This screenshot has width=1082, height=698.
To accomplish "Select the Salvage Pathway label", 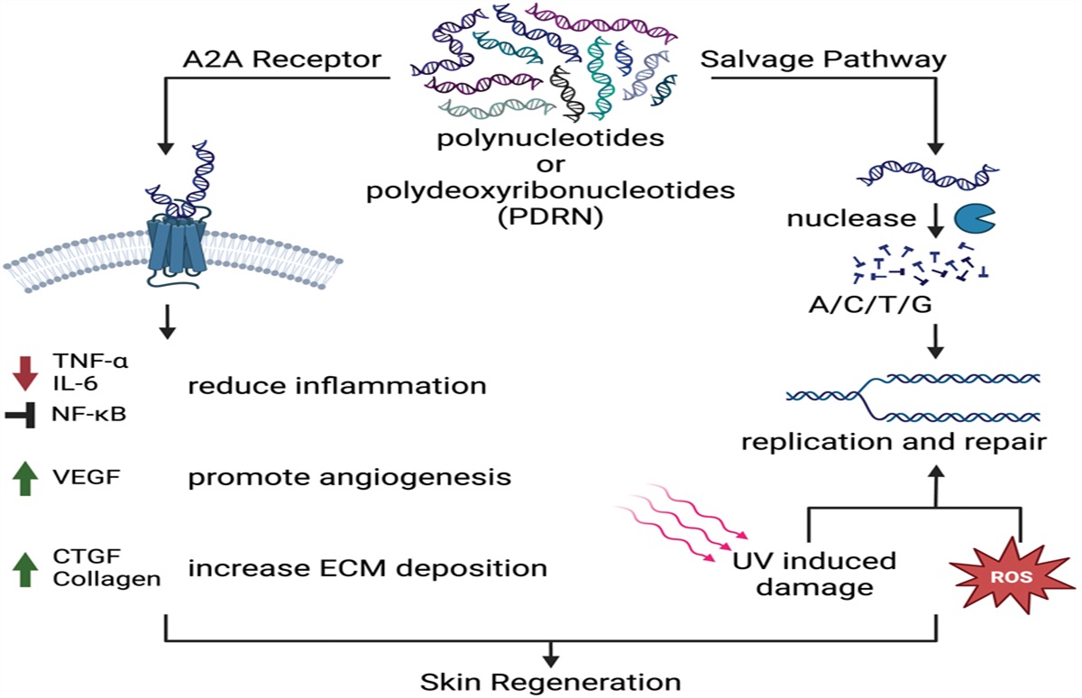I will click(x=823, y=60).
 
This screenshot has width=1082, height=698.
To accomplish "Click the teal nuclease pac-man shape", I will click(x=974, y=219).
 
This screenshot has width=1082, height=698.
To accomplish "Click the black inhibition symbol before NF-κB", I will click(x=24, y=416).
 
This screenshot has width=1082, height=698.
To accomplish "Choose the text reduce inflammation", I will click(x=337, y=387).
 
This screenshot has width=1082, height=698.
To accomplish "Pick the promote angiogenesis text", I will click(x=350, y=477).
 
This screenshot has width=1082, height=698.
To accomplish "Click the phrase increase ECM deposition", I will click(x=367, y=568).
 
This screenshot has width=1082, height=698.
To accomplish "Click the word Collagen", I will click(x=106, y=579).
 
